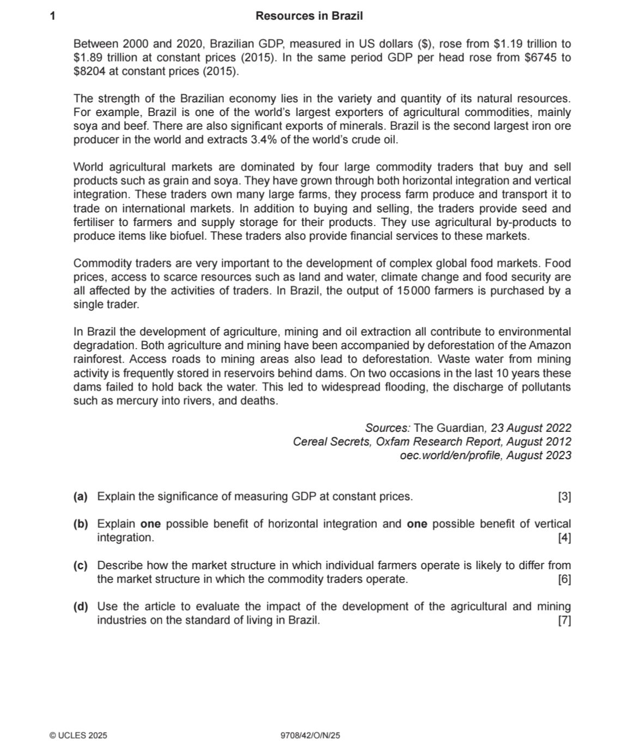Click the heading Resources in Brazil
(x=309, y=16)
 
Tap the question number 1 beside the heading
(x=53, y=16)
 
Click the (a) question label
(x=81, y=497)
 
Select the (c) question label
(x=81, y=565)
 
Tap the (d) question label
(x=81, y=606)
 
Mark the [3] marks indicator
(x=564, y=497)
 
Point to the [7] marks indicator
(x=564, y=620)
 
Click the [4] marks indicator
(x=564, y=538)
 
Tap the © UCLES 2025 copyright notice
(x=78, y=735)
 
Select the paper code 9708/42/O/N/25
(x=310, y=735)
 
